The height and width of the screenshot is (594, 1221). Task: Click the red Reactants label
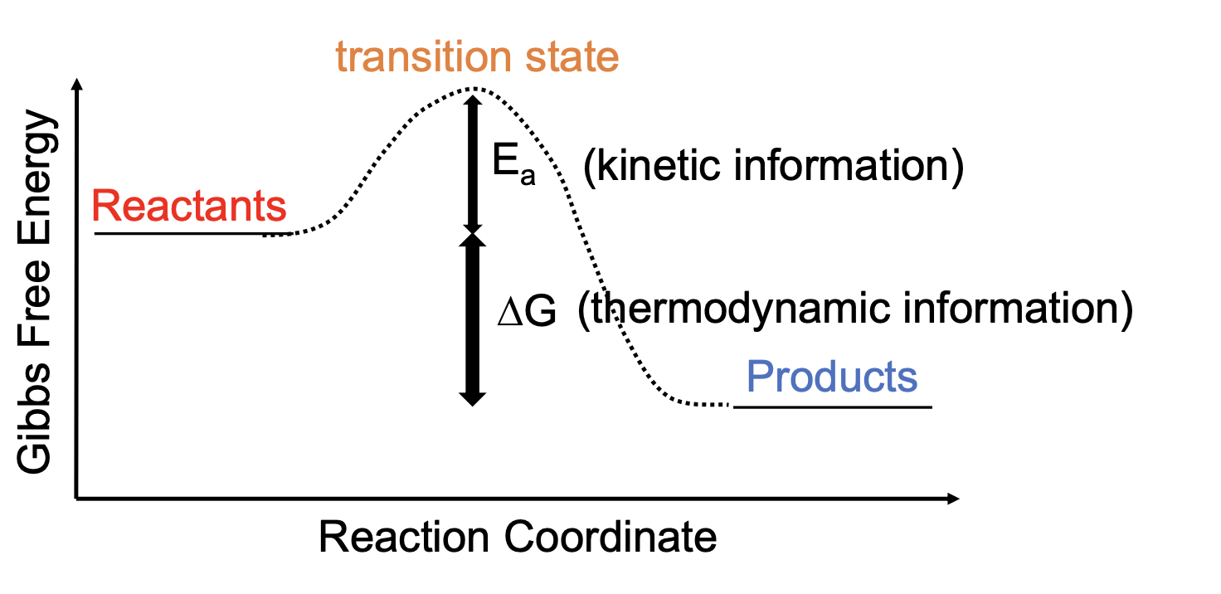pyautogui.click(x=190, y=207)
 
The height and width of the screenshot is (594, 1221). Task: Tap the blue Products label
pyautogui.click(x=832, y=377)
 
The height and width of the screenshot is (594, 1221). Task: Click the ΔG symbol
pyautogui.click(x=526, y=314)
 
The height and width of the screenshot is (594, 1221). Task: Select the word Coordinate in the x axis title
pyautogui.click(x=610, y=538)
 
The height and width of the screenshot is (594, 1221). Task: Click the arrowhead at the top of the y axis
pyautogui.click(x=77, y=84)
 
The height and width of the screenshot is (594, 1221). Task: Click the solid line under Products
pyautogui.click(x=833, y=407)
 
